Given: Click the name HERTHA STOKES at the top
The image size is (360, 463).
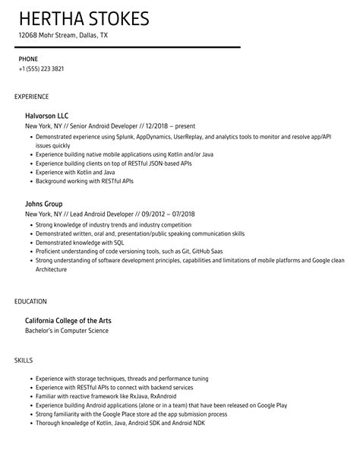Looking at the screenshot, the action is (84, 18).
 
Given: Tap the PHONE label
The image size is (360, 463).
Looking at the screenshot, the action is (29, 59).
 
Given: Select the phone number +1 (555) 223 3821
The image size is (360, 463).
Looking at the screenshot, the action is (42, 68).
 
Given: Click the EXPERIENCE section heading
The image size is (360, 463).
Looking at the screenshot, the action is (31, 97).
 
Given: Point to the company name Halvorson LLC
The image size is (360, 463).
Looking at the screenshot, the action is (52, 116).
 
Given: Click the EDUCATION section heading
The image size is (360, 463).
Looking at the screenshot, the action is (30, 301).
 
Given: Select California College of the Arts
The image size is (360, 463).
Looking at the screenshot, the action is (68, 321).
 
